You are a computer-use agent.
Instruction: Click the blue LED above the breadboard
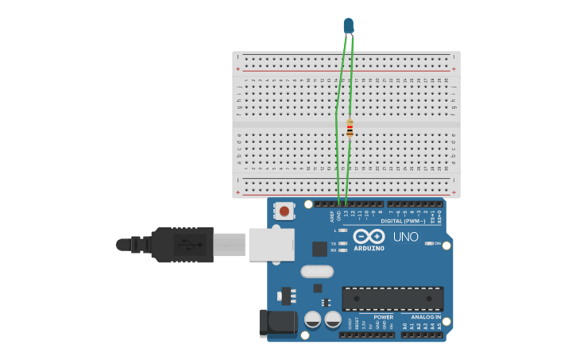tap(349, 25)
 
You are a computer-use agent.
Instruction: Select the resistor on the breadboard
tap(350, 127)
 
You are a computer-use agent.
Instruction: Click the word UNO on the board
tap(406, 237)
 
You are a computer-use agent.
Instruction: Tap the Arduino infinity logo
tap(369, 236)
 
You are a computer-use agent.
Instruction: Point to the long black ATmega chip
tap(392, 299)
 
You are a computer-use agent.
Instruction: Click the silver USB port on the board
tap(271, 244)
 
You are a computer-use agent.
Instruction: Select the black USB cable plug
tap(183, 244)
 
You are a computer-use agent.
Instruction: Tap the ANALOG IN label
tap(426, 317)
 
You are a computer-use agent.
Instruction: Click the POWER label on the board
tap(383, 317)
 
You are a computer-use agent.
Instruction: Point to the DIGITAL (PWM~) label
tap(403, 221)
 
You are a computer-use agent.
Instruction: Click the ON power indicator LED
tap(429, 243)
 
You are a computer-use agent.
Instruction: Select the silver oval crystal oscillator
tap(317, 271)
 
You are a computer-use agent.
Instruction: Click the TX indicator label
tap(334, 243)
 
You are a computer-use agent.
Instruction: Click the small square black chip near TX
tap(319, 249)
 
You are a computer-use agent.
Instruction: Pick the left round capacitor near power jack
tap(313, 319)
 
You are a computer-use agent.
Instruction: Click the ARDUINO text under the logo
tap(369, 248)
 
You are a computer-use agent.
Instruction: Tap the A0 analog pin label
tap(404, 326)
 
